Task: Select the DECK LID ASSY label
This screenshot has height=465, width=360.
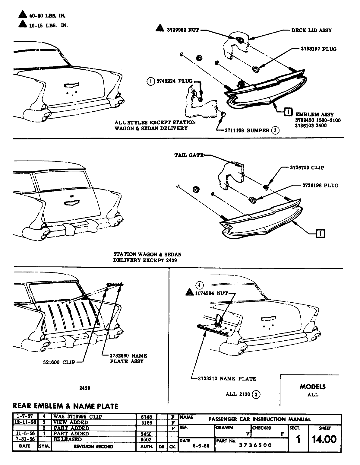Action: click(311, 30)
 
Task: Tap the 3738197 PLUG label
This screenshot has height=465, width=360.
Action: click(318, 49)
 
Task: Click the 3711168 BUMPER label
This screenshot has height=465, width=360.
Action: click(247, 130)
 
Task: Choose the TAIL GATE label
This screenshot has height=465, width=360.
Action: click(189, 155)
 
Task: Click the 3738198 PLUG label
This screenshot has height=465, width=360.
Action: click(320, 186)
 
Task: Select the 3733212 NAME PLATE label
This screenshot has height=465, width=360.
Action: click(227, 378)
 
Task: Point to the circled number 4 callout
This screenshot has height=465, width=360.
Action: click(199, 285)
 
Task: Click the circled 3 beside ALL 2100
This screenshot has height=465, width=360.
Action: click(256, 394)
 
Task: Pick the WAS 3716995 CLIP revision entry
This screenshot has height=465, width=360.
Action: click(77, 416)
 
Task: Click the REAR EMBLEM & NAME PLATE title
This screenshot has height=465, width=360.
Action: click(65, 406)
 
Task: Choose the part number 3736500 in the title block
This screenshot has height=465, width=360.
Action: click(255, 445)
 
